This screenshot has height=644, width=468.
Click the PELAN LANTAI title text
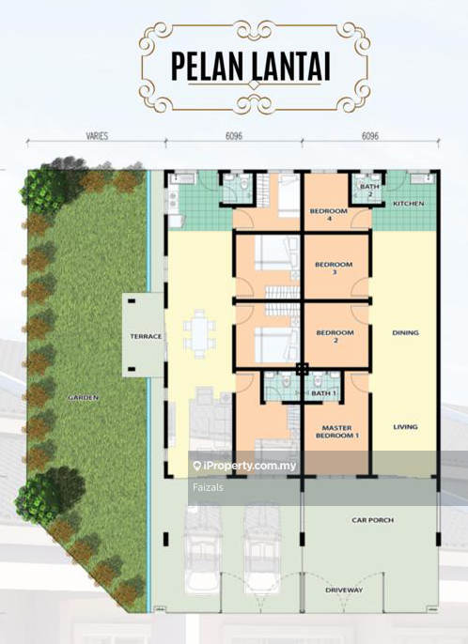(251, 67)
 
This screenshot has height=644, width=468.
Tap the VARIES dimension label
(97, 136)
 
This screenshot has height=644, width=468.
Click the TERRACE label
(146, 336)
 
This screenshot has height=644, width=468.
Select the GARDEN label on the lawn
(83, 398)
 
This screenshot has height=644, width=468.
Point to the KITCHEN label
(409, 204)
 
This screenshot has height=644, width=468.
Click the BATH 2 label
(369, 191)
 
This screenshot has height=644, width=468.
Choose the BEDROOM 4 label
(329, 215)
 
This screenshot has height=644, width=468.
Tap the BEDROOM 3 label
(334, 268)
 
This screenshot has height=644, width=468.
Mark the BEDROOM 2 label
(335, 336)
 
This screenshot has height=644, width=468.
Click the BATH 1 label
(323, 393)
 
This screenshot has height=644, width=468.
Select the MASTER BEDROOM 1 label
(336, 431)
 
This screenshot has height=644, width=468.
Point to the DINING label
(405, 332)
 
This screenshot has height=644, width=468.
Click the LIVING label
(405, 427)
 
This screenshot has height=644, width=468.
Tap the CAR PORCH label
(372, 520)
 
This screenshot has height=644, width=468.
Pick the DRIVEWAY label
(344, 590)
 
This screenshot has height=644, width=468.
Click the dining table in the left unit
(199, 334)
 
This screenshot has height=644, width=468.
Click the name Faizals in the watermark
(208, 487)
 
